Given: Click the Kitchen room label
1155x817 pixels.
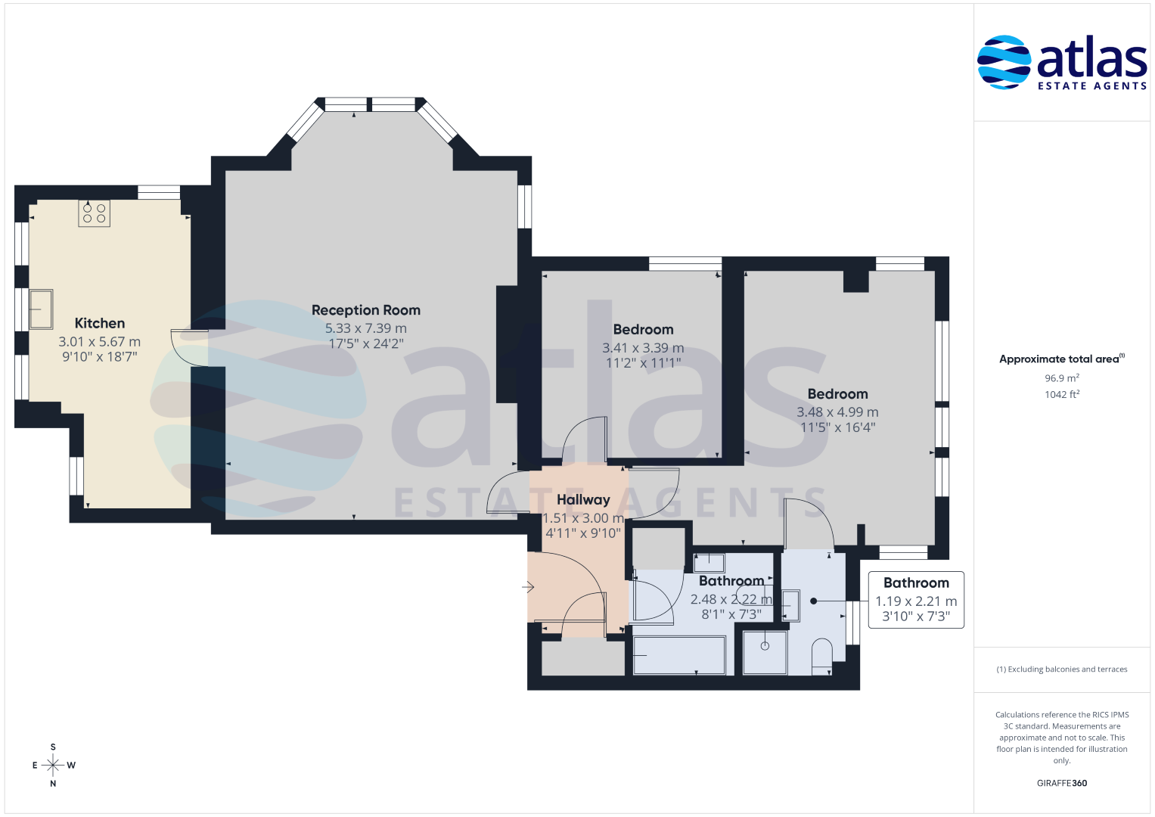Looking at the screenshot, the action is point(100,324).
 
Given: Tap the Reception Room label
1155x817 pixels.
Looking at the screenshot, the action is point(366,310).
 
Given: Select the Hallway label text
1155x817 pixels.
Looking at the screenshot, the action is point(583,500).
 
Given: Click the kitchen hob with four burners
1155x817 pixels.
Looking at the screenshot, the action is point(95,213).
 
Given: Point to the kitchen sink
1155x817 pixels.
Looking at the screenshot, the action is point(42,309).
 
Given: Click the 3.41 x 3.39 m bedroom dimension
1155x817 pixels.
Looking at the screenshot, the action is point(643,348).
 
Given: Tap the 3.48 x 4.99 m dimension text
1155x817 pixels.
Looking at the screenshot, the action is point(837,412).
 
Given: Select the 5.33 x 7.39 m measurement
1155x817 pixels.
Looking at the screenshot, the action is point(365,328).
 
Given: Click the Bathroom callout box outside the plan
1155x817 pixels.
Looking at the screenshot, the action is point(916,600).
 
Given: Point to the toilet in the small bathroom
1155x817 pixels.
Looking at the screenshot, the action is point(822,657).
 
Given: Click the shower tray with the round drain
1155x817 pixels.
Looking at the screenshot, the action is point(765,652).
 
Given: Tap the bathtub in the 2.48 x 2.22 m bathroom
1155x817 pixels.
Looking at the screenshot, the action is point(679,656).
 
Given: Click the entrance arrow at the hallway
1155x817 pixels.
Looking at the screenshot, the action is point(528,587).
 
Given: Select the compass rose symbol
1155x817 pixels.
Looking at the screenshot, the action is point(53,765).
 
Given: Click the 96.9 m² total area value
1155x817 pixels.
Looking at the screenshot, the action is point(1062,378).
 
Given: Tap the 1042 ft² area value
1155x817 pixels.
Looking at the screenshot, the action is point(1062,395).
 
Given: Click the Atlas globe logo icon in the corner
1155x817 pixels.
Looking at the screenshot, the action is point(1004,62).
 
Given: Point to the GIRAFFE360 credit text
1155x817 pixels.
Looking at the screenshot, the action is point(1062,783).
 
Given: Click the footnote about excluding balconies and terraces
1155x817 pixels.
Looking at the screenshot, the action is point(1062,669).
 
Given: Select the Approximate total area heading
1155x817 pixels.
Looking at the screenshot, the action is point(1062,359).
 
